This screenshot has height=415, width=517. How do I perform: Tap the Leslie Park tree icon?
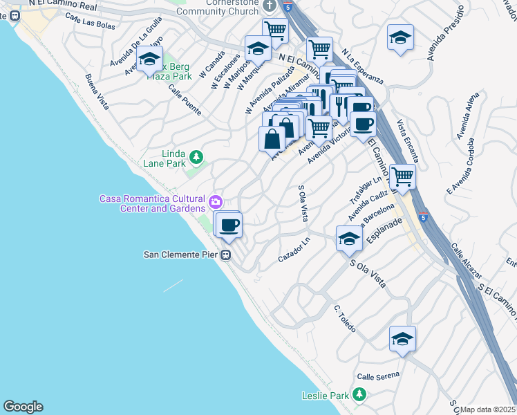359,395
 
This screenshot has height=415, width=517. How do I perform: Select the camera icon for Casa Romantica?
216,203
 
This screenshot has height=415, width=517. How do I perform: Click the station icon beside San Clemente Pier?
225,255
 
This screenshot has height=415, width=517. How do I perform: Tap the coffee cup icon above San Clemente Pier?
229,224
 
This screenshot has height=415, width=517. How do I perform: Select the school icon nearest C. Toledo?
402,339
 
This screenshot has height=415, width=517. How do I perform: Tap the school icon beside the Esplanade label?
349,239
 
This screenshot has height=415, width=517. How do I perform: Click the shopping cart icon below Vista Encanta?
402,176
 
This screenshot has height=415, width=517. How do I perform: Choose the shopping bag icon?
272,138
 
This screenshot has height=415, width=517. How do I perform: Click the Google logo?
23,407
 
